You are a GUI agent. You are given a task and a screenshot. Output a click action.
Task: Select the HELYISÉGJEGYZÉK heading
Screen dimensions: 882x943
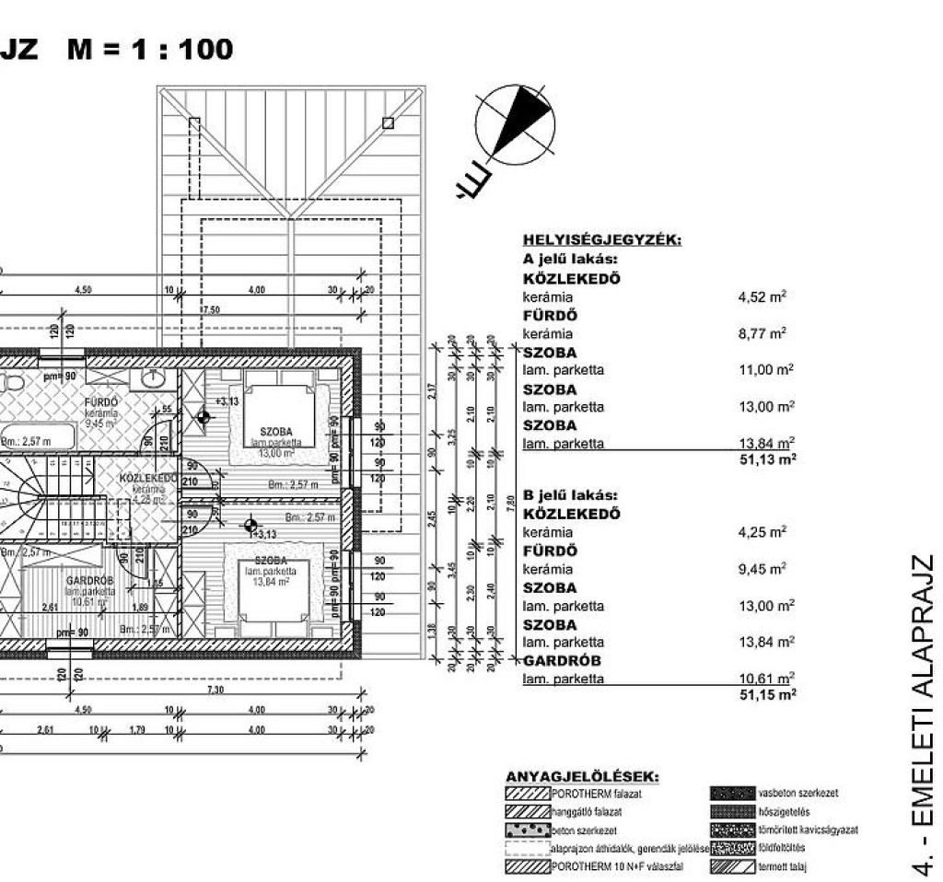pos(601,241)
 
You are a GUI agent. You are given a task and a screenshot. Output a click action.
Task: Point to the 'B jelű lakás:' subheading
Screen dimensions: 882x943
pos(570,494)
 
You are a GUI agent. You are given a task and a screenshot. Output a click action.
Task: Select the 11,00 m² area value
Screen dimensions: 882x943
pos(765,370)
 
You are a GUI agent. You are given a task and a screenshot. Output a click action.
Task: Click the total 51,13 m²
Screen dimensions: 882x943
pos(766,458)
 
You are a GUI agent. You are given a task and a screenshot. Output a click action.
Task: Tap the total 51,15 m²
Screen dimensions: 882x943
pos(766,695)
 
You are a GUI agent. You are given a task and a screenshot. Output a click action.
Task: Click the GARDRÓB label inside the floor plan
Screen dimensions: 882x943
pos(88,581)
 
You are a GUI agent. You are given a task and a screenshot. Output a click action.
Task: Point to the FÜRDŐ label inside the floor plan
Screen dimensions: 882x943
pos(101,402)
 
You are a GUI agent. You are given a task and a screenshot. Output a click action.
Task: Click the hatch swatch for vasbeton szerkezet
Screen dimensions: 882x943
pos(733,792)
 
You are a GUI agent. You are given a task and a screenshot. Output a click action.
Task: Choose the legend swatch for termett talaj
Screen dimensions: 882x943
pos(733,866)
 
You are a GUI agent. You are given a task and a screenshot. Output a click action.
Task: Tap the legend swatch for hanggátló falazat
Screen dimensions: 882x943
pos(528,811)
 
